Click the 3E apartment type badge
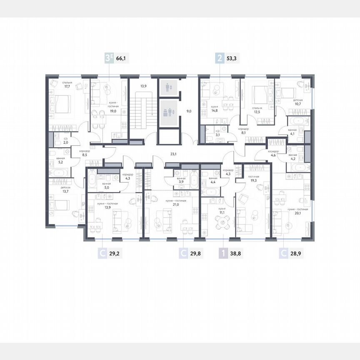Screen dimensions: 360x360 click(x=108, y=58)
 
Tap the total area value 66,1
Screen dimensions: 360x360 click(x=122, y=59)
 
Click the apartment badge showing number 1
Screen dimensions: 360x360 click(x=223, y=252)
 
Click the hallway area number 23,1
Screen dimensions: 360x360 click(x=173, y=154)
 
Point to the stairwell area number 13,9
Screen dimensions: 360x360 click(x=143, y=86)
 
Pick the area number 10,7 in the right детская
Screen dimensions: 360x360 click(x=297, y=105)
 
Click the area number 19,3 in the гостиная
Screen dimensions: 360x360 click(x=254, y=181)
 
